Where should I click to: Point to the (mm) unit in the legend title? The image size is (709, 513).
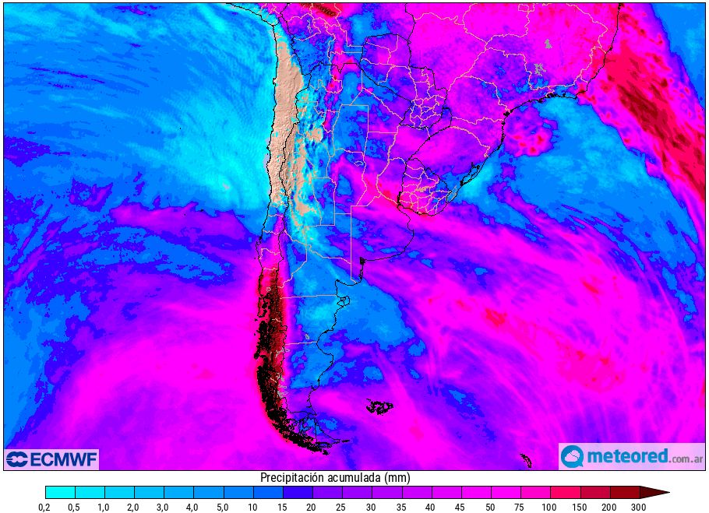[397, 477]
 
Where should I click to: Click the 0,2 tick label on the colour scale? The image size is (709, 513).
[45, 507]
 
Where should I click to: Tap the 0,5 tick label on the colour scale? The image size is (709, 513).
[75, 507]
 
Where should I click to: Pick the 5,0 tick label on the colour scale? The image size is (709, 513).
[194, 507]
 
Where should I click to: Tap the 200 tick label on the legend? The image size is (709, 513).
[609, 507]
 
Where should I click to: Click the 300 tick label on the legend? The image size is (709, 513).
[639, 507]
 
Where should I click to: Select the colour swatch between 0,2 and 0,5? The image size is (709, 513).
[60, 492]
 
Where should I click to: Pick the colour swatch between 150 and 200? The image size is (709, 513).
[594, 492]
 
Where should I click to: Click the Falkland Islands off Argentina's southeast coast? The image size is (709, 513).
[379, 406]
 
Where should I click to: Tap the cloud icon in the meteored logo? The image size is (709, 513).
[573, 456]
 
